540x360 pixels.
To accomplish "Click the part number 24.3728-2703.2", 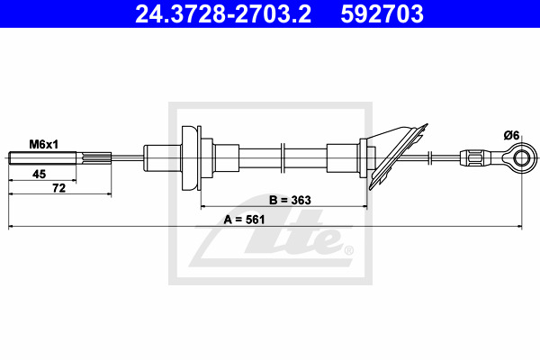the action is coord(223,14).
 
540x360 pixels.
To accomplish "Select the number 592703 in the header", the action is coord(382,14).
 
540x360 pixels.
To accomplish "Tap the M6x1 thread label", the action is coord(44,144).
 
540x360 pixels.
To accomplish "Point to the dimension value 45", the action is coord(39,174).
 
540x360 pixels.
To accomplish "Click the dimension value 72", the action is coord(58,188).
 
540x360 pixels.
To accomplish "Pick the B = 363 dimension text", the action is coord(290,200).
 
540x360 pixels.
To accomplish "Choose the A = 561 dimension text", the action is coord(244,220).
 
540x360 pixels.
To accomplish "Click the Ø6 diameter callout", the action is coord(511,135).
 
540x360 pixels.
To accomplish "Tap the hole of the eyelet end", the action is coord(522,158).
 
